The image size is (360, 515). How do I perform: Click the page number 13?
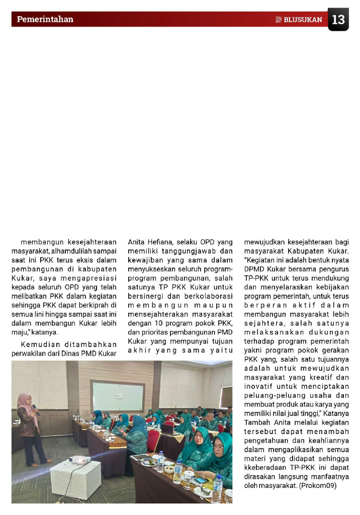pyautogui.click(x=338, y=20)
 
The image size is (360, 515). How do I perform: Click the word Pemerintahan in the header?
pyautogui.click(x=45, y=20)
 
